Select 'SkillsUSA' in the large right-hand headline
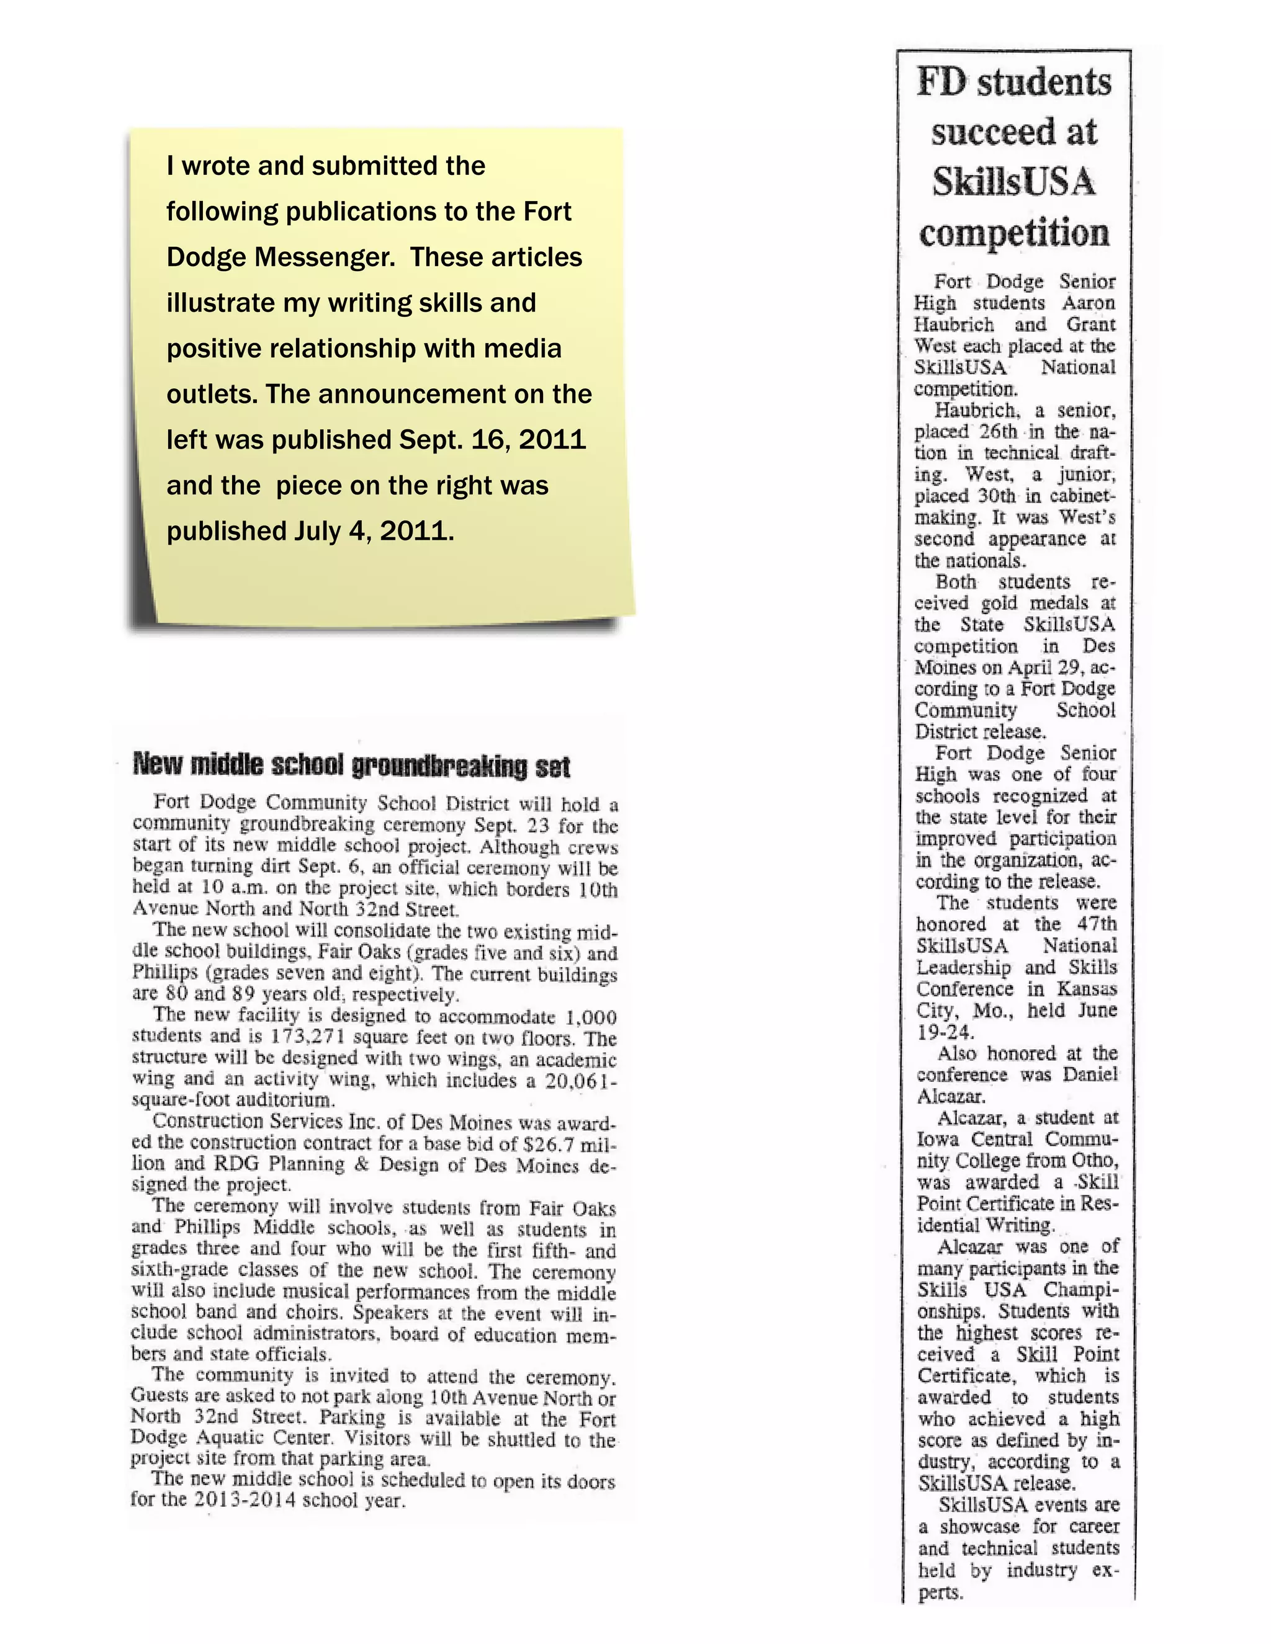tap(1014, 182)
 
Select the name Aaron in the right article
tap(1088, 303)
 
